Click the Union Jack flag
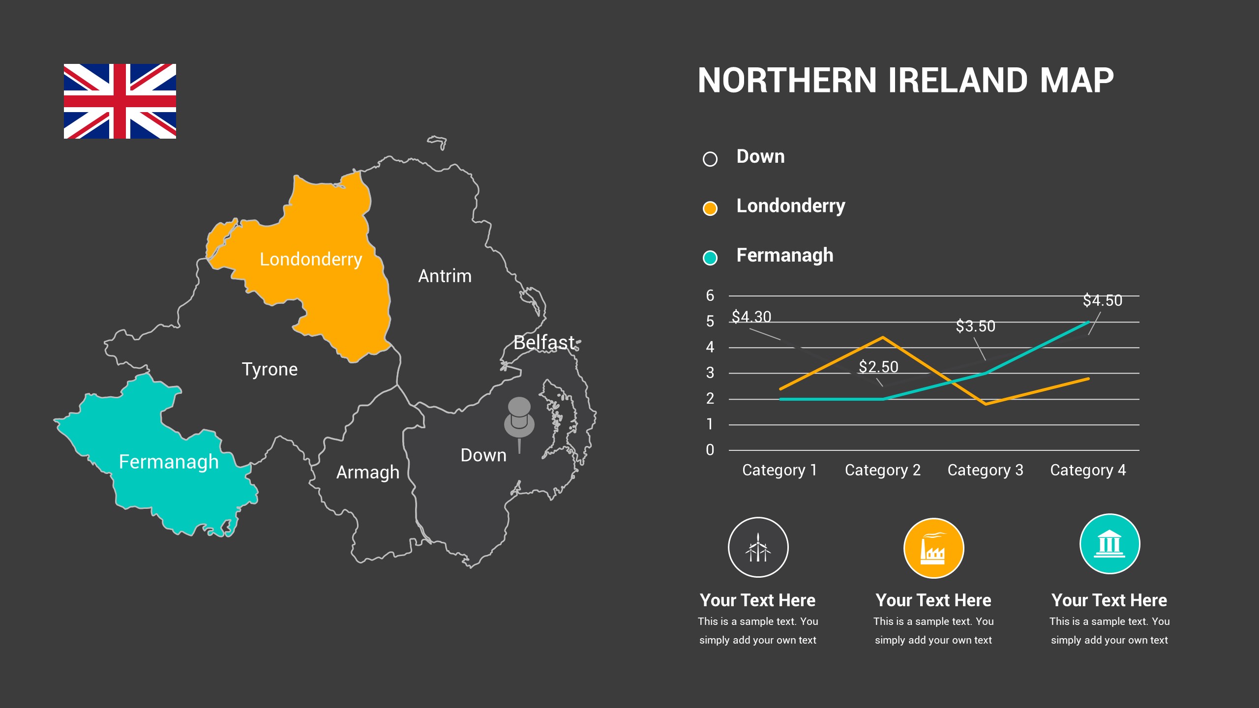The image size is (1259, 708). coord(120,101)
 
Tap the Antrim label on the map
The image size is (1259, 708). coord(445,276)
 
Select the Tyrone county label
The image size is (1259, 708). coord(270,369)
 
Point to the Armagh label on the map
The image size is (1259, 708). coord(367,472)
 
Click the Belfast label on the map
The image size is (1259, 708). coord(544,342)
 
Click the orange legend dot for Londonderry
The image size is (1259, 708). coord(710,208)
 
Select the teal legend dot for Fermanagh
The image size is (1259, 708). coord(710,257)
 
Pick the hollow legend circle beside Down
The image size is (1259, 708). coord(710,159)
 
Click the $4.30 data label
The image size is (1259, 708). coord(751,317)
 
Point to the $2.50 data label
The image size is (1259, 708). coord(878,367)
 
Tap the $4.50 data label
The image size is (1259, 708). coord(1102,300)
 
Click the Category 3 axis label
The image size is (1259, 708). coord(985,470)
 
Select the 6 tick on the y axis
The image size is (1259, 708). coord(710,295)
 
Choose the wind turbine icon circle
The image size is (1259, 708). coord(758,547)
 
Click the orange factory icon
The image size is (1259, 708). coord(933,548)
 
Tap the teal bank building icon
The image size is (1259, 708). coord(1109,544)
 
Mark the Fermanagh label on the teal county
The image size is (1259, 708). coord(169,462)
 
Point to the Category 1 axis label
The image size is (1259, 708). coord(779,470)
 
